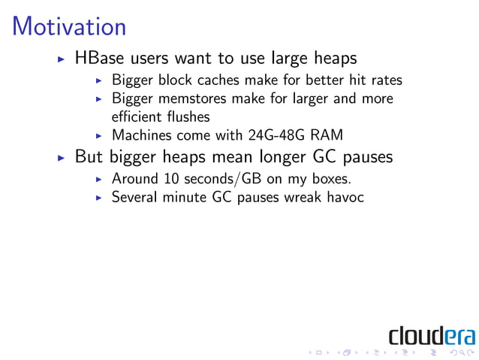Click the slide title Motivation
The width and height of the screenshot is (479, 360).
(69, 27)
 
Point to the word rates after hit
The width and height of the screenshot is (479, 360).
(386, 80)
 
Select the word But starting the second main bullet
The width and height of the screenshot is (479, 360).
(89, 159)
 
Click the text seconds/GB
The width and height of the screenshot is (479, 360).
(217, 180)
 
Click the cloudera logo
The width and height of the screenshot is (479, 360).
(431, 333)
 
